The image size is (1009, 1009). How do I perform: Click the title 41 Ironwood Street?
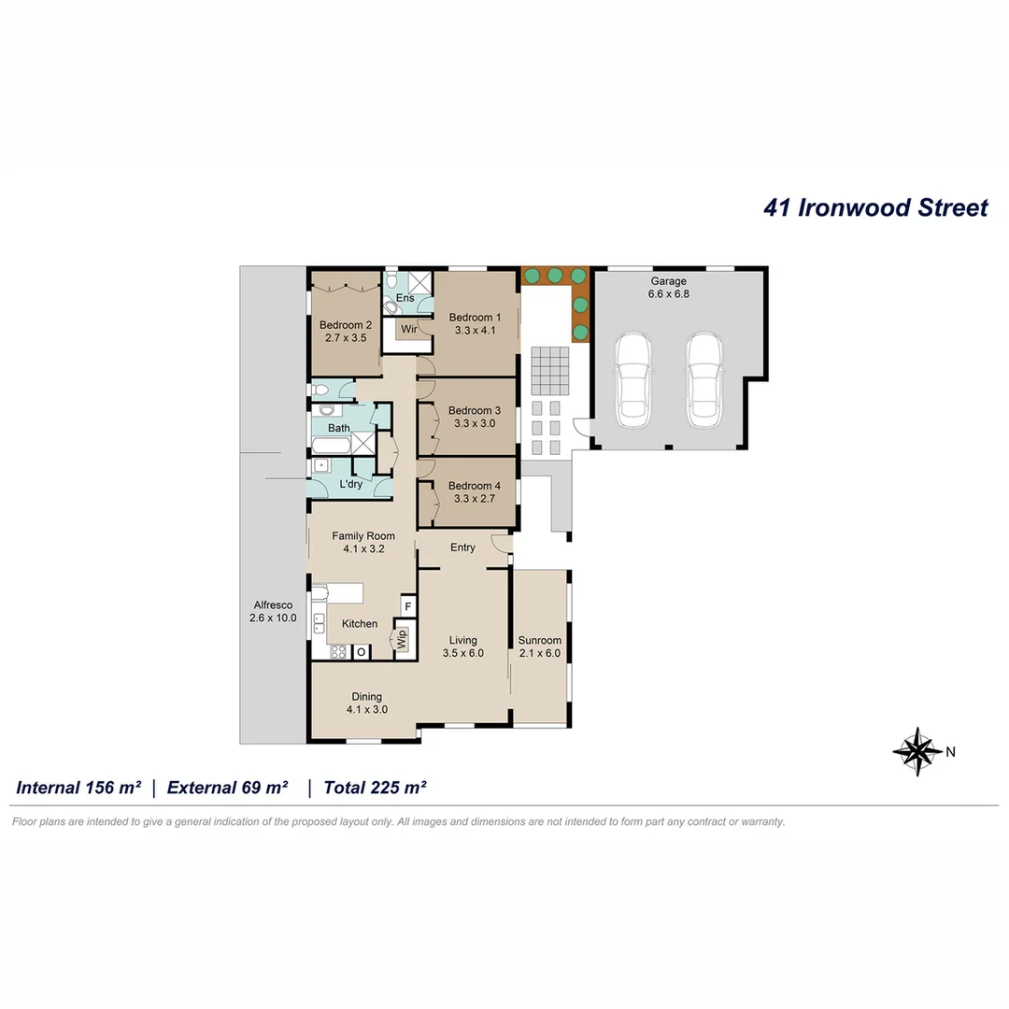[x=875, y=207]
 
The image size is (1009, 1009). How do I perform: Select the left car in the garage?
[x=633, y=378]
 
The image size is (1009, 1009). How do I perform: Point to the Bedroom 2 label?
[x=346, y=332]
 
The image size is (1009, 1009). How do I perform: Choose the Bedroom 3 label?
[x=474, y=417]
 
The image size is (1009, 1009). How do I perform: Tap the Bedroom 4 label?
[x=474, y=492]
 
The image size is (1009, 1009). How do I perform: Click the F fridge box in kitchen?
[x=407, y=606]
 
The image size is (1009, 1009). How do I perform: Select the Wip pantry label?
[x=403, y=640]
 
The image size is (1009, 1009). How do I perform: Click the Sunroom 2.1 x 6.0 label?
[x=540, y=647]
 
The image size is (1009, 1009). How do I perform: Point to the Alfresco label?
[x=271, y=611]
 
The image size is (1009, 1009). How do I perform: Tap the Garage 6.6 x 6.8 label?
[x=669, y=287]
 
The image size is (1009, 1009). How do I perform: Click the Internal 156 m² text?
[x=78, y=788]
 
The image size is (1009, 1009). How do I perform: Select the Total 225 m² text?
[x=375, y=788]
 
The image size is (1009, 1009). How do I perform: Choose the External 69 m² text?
[x=227, y=788]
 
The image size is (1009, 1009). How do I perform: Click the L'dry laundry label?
[x=350, y=484]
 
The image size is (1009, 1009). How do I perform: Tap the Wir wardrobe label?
[x=409, y=329]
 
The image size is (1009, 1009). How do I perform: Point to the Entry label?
[x=462, y=547]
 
